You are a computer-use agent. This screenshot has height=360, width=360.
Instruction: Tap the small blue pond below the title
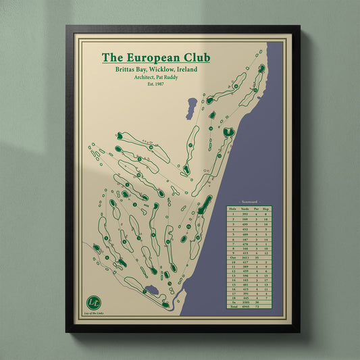[193, 105]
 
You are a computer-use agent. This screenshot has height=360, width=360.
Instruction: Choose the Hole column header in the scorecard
[232, 209]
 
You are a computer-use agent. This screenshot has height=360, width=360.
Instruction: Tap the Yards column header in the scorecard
[245, 209]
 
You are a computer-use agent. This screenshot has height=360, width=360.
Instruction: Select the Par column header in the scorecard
[256, 209]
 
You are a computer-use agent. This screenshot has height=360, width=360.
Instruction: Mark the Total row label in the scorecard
[232, 307]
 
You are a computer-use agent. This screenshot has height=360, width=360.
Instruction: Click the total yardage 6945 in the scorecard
[245, 307]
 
